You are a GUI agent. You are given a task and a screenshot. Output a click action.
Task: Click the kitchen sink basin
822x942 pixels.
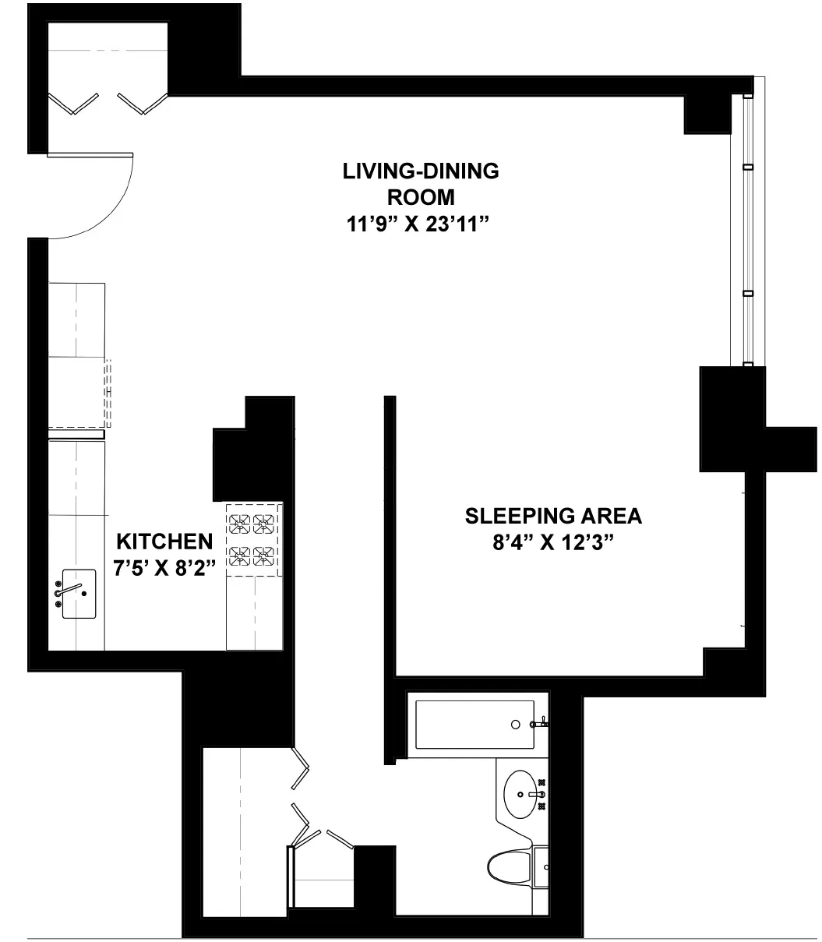pyautogui.click(x=79, y=594)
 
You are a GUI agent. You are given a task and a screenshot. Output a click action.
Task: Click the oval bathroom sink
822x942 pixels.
pyautogui.click(x=524, y=795)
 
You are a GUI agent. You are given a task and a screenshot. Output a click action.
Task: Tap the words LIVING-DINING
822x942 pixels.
pyautogui.click(x=421, y=171)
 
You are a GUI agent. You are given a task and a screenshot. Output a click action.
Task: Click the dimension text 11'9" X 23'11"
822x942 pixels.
pyautogui.click(x=421, y=225)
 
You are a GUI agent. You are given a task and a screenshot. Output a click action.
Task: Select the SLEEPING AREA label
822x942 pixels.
pyautogui.click(x=553, y=516)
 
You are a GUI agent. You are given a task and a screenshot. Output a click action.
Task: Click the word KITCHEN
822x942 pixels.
pyautogui.click(x=164, y=541)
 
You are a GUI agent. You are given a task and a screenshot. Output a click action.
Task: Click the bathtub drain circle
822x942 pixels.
pyautogui.click(x=516, y=725)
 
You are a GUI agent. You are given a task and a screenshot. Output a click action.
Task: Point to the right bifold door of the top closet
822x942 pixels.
pyautogui.click(x=143, y=104)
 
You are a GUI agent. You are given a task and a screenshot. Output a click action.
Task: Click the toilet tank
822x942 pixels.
pyautogui.click(x=542, y=865)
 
